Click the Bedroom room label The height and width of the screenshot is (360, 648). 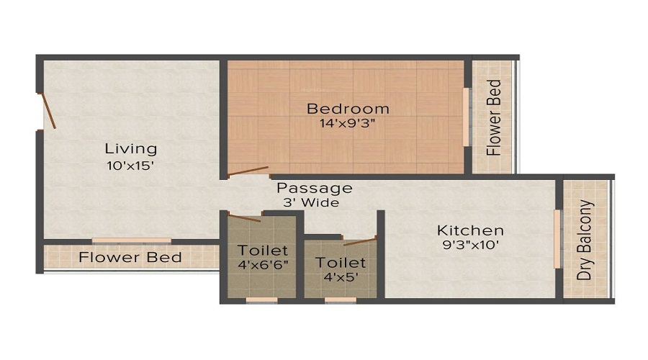point(348,109)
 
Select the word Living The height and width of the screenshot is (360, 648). point(131,149)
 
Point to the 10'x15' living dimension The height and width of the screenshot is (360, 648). point(131,164)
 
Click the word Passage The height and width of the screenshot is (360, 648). point(315,188)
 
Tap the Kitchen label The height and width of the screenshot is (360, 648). point(470,230)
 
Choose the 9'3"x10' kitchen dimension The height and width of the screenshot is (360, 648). point(470,245)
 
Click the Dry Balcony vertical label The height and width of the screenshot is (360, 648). point(587,240)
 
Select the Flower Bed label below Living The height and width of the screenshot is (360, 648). point(130,257)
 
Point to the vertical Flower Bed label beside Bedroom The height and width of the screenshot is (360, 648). point(493,117)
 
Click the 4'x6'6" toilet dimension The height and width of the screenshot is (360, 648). point(264,266)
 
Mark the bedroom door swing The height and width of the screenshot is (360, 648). point(248,171)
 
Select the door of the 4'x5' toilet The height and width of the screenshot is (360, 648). point(359,240)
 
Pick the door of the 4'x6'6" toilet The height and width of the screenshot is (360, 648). point(244,217)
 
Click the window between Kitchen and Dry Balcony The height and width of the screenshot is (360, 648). point(557,239)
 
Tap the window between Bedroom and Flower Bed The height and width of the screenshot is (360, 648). point(467,117)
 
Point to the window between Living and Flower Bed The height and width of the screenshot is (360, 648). point(131,240)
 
